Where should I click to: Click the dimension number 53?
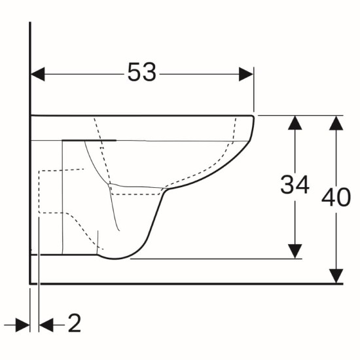[x=141, y=72]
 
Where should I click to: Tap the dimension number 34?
[x=295, y=185]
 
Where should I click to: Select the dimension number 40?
[x=336, y=197]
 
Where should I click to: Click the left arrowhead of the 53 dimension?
[x=38, y=74]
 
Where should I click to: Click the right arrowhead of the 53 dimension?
[x=246, y=74]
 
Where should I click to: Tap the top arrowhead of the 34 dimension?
[x=295, y=123]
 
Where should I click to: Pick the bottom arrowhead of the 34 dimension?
[x=295, y=251]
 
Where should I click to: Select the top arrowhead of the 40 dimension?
[x=336, y=123]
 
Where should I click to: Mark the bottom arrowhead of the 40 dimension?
[x=336, y=276]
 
